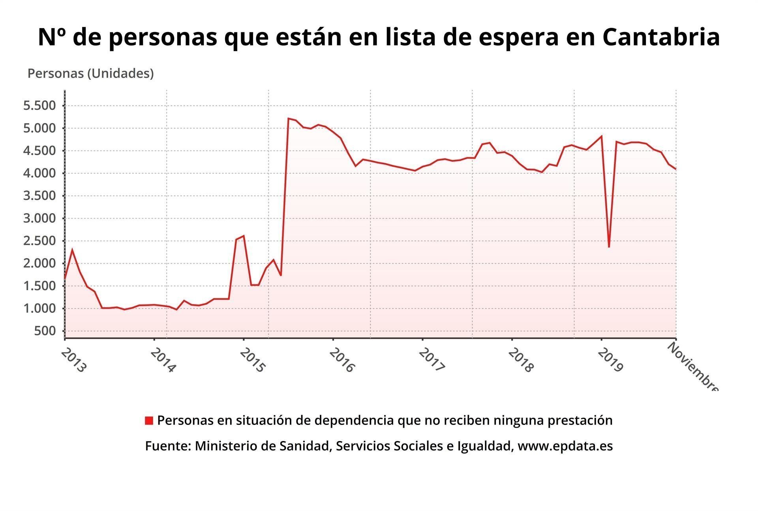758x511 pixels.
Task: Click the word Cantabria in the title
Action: (661, 37)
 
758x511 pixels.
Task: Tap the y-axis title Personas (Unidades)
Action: (90, 73)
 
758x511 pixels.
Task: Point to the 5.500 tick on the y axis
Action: (39, 105)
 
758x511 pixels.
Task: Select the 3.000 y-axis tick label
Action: (39, 218)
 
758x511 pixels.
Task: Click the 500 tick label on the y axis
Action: (45, 331)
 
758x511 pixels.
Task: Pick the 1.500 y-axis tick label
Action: (39, 286)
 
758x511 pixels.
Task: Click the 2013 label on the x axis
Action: (73, 360)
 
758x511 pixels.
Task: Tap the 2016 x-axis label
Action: (342, 360)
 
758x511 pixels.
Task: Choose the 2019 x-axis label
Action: (610, 360)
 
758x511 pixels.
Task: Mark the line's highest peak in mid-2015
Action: (289, 118)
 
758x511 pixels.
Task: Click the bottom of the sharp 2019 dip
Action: (609, 247)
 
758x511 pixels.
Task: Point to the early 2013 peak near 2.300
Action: (72, 249)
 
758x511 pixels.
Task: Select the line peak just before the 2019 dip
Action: (601, 136)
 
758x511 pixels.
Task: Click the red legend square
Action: (149, 421)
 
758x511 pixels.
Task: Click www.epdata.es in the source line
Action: (565, 446)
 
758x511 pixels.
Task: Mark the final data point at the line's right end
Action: (676, 169)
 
